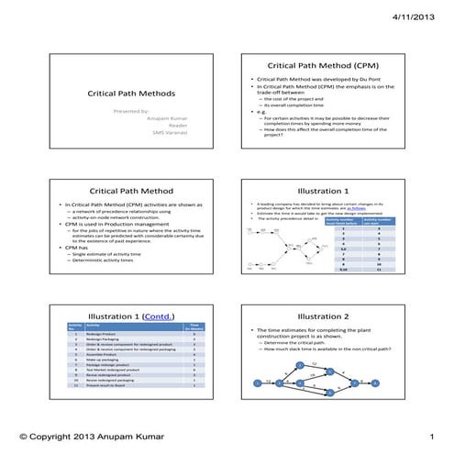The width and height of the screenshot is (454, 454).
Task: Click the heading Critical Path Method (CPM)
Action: (323, 66)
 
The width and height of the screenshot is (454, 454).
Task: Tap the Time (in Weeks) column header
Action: (194, 326)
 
